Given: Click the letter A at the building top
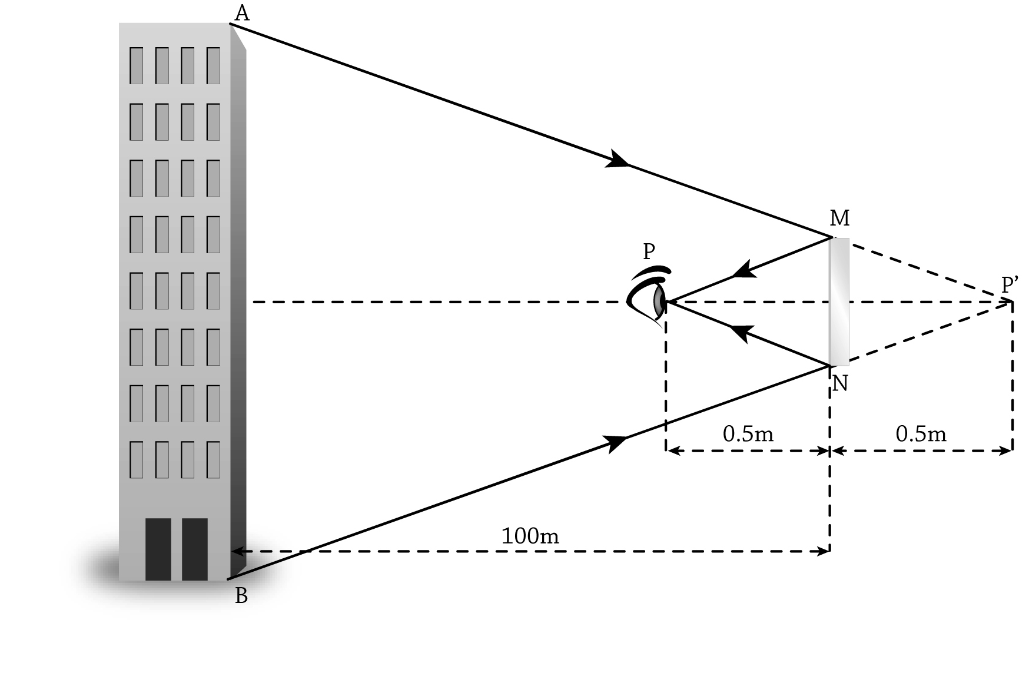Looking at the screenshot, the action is point(242,13).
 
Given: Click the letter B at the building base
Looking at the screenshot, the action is point(241,597).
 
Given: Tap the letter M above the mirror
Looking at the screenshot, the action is point(839,218).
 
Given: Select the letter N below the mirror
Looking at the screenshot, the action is point(841,384).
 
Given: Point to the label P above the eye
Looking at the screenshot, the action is point(649,251).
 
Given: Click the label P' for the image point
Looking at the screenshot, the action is point(1010,286).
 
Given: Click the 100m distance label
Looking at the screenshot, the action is point(530,536).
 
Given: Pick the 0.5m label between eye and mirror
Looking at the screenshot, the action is point(748,434).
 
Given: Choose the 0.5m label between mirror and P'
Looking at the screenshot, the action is point(921,434).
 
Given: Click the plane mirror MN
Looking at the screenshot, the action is point(839,301).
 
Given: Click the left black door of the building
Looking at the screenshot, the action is point(158,549).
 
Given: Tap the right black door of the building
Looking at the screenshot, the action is point(195,549).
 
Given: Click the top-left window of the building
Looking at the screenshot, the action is point(136,65).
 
